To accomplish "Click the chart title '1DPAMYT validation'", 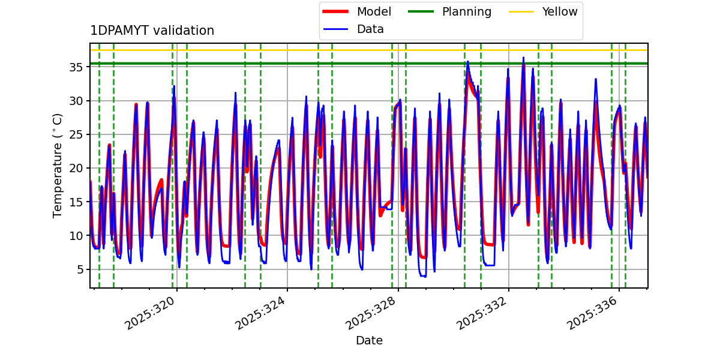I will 152,31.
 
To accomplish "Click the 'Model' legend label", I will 374,11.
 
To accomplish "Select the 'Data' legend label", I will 370,29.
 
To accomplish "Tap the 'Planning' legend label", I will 466,11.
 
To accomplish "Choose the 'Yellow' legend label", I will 559,11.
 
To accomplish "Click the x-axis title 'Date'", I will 369,341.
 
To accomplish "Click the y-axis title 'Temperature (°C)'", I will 58,165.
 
